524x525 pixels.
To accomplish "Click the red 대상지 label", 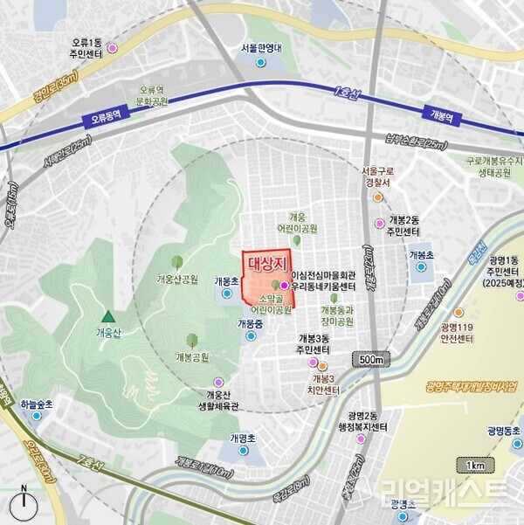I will click(264, 262).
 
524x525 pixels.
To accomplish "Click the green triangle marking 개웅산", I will click(107, 317).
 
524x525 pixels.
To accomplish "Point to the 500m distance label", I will click(372, 360).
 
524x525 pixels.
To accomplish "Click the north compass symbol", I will click(24, 505).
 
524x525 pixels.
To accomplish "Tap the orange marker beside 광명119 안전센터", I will click(458, 312).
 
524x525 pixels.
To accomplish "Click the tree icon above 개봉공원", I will click(192, 341).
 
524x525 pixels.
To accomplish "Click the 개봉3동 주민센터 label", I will click(314, 343).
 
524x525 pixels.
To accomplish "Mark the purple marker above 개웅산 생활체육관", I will click(218, 382).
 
